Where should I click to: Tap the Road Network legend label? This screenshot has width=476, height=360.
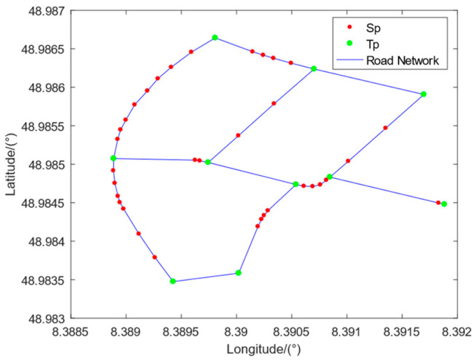[402, 60]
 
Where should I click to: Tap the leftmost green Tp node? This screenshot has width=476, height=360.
[114, 158]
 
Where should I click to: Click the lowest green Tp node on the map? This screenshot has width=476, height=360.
[172, 281]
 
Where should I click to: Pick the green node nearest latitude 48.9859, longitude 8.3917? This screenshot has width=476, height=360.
[424, 94]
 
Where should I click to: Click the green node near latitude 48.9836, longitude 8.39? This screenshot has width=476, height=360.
[238, 273]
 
